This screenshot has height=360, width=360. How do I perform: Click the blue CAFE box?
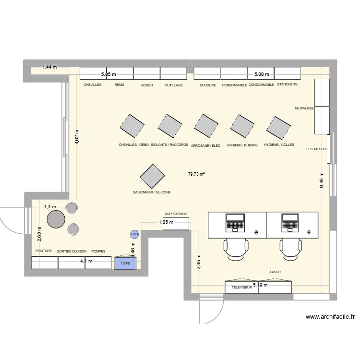[x=125, y=263]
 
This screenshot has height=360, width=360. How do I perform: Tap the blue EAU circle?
[x=134, y=234]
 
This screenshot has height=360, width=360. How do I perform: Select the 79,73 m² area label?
[x=196, y=175]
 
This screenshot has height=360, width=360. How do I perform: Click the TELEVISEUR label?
[x=242, y=288]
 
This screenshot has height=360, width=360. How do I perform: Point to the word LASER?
[x=275, y=272]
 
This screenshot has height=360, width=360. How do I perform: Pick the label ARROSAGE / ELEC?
[x=205, y=145]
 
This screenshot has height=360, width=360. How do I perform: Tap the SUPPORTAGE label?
[x=176, y=214]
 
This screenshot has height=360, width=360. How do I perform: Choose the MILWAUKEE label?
[x=304, y=109]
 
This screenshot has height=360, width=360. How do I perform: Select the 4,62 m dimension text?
[x=76, y=138]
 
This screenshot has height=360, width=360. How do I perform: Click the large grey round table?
[x=56, y=219]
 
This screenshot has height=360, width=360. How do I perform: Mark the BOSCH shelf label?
[x=147, y=85]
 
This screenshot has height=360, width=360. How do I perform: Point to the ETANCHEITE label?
[x=288, y=84]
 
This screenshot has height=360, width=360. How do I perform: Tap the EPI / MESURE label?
[x=317, y=149]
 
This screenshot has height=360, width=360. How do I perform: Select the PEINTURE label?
[x=44, y=251]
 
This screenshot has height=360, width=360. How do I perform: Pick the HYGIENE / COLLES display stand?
[x=279, y=128]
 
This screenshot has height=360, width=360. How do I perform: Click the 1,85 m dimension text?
[x=166, y=222]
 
